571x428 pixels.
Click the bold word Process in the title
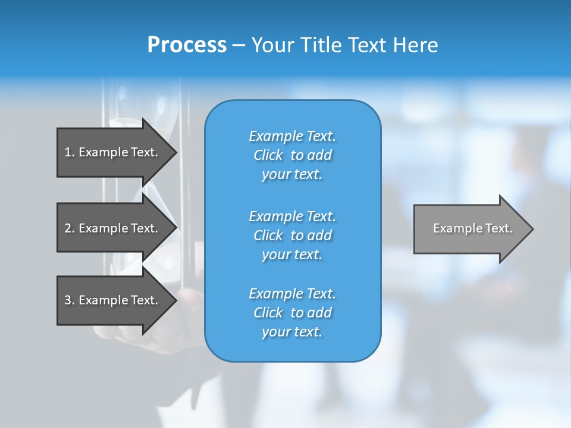[x=187, y=45]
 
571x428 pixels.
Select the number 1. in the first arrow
[x=69, y=152]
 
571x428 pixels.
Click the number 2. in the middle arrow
[x=69, y=228]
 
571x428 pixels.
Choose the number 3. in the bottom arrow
[x=69, y=300]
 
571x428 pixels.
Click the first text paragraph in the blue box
[x=292, y=155]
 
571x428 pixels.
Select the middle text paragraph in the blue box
[x=292, y=235]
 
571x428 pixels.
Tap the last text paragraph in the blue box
[x=292, y=313]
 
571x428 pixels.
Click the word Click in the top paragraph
[x=268, y=155]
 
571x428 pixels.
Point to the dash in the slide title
[x=239, y=45]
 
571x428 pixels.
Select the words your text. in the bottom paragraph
[x=292, y=332]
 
